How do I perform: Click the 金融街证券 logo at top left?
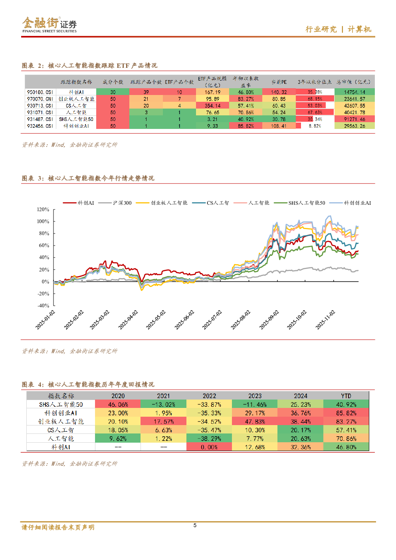pos(49,25)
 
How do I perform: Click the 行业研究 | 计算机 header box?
pos(333,29)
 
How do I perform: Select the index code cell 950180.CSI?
pos(40,92)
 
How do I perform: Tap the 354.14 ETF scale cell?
pos(212,106)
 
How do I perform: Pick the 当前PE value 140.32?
pos(279,92)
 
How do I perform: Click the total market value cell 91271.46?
pos(354,119)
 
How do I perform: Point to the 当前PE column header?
pos(279,82)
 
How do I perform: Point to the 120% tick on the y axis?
pos(43,210)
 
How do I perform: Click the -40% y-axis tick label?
pos(43,306)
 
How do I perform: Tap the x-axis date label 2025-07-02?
pos(212,320)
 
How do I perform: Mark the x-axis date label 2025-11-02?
pos(325,320)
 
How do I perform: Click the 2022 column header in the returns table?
pos(209,396)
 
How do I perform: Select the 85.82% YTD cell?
pos(346,413)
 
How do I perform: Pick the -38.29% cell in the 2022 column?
pos(209,439)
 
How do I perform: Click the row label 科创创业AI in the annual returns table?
pos(61,413)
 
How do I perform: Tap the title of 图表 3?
pos(88,178)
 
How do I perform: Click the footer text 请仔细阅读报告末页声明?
pos(58,527)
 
